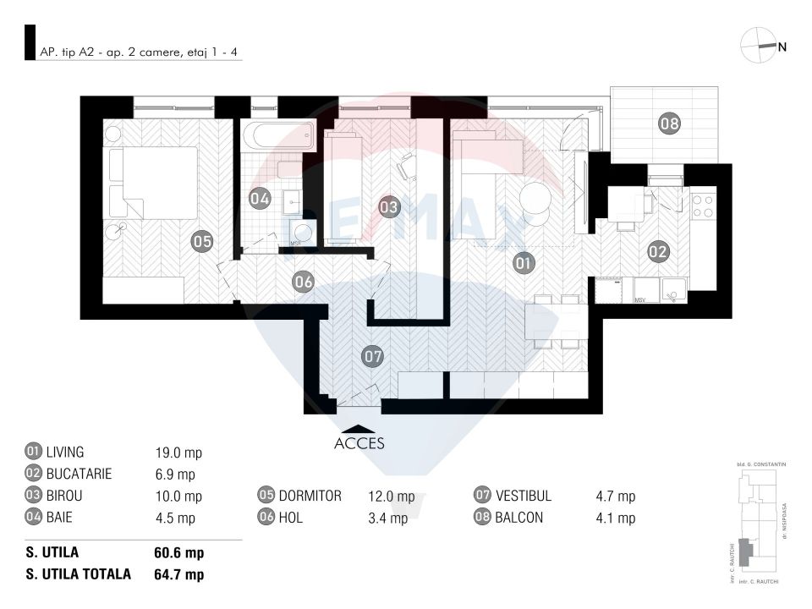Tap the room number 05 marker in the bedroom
[x=201, y=242]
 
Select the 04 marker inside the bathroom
[x=260, y=200]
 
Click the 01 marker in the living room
[x=524, y=263]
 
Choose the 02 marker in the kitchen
[x=659, y=250]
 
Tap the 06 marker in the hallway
[x=304, y=282]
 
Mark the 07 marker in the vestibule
[x=373, y=356]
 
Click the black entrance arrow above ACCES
[x=359, y=429]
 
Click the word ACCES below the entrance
[x=359, y=443]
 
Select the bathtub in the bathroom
[x=277, y=135]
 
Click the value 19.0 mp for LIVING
[x=173, y=453]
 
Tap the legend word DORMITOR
[x=310, y=497]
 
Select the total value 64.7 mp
[x=178, y=575]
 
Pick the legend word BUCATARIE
[x=79, y=475]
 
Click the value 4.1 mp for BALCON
[x=616, y=518]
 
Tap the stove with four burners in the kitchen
[x=703, y=206]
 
